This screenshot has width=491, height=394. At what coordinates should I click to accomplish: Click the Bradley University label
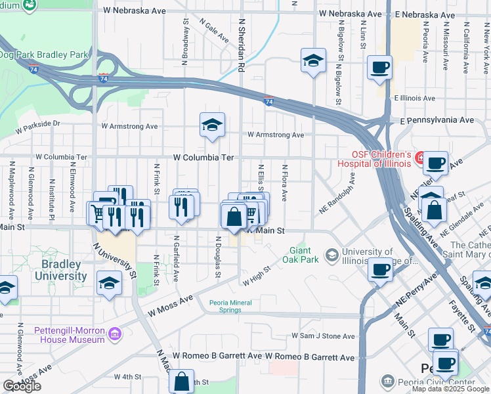[x=61, y=270]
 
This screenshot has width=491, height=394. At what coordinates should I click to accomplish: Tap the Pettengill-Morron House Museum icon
[x=116, y=335]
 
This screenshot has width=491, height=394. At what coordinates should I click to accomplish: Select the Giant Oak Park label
[x=305, y=255]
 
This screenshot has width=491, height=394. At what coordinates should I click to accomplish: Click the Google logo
[x=22, y=386]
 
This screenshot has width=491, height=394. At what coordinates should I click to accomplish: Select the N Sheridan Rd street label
[x=242, y=44]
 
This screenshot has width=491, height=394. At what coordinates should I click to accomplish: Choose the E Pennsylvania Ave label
[x=437, y=121]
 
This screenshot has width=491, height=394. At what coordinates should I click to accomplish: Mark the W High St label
[x=257, y=276]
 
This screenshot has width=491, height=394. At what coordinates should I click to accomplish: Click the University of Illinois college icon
[x=332, y=254]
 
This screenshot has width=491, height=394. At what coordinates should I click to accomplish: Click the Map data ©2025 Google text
[x=450, y=389]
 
